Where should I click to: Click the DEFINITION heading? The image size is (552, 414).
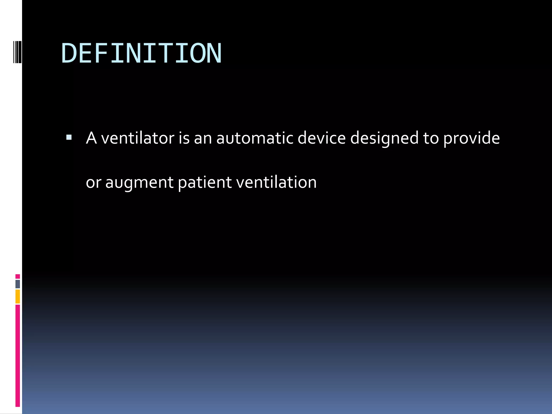142,53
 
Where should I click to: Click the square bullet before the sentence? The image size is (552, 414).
69,138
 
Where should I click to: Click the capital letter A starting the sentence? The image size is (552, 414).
91,138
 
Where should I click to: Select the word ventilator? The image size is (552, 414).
137,138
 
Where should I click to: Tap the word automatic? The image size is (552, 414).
255,138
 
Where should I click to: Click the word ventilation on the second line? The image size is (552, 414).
276,182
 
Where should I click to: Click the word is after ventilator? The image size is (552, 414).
184,138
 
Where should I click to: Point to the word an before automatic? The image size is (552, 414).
203,139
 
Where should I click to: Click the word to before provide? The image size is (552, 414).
431,139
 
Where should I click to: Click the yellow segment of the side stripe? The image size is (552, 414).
18,296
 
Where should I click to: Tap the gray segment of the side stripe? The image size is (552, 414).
18,284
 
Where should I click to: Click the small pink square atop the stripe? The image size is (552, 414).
18,276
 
